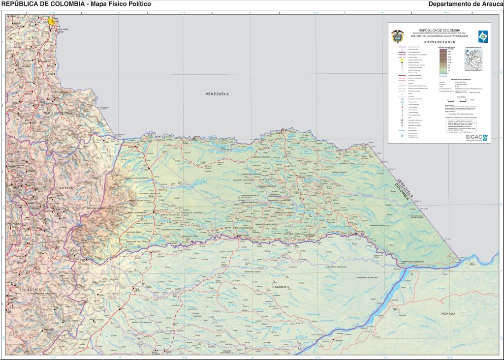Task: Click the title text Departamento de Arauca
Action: (x=465, y=4)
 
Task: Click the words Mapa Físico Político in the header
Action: (x=118, y=4)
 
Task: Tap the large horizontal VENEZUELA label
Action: (x=218, y=93)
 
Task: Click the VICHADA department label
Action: (x=448, y=313)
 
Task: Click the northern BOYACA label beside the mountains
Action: (x=65, y=188)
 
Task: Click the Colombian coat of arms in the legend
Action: (x=397, y=36)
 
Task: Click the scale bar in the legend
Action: (x=456, y=100)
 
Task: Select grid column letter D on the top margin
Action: (x=212, y=12)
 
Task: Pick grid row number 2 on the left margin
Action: (x=3, y=106)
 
